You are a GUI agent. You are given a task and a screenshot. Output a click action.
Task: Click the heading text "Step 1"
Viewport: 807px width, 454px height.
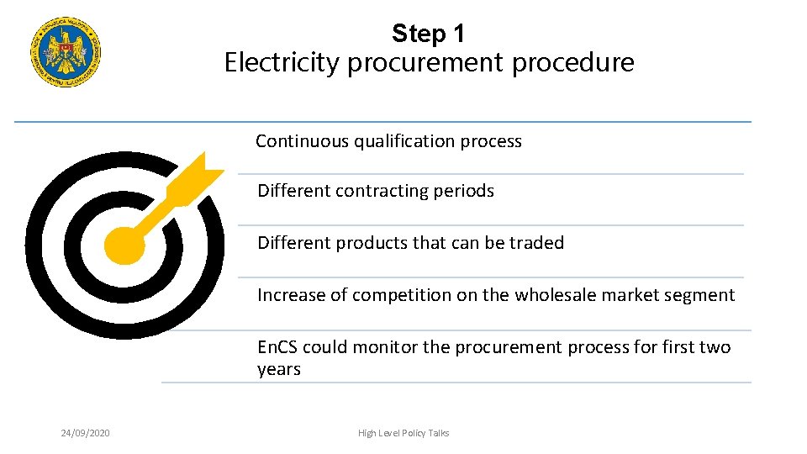[428, 34]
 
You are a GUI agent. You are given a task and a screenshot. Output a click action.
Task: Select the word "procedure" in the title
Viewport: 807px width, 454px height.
[580, 62]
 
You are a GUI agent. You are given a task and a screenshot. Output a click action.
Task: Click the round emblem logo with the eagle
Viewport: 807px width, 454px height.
[66, 52]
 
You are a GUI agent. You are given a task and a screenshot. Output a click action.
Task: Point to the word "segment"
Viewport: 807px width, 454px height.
[699, 295]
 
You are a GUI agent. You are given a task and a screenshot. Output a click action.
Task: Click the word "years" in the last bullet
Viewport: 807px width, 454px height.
[278, 369]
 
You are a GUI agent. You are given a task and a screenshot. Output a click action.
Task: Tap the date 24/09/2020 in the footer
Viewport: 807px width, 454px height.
[85, 433]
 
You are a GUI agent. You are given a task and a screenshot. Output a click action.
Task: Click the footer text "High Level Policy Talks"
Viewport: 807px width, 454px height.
[403, 433]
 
